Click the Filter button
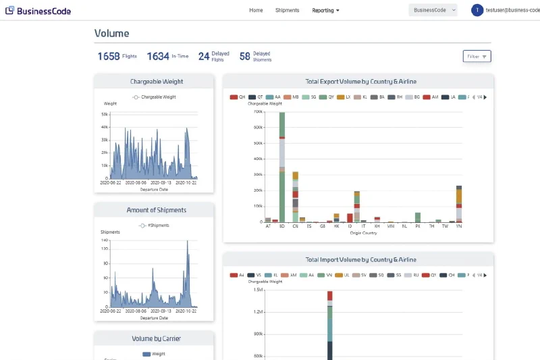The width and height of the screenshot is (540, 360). [x=477, y=56]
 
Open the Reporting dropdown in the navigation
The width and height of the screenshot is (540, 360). [x=325, y=10]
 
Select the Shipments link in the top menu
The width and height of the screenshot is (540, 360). [x=287, y=10]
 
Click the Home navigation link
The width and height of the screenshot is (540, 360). [x=256, y=10]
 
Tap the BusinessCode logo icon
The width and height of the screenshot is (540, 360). [x=9, y=10]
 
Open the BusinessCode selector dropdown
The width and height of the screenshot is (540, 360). [x=433, y=10]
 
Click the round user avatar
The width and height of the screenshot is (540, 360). [x=477, y=10]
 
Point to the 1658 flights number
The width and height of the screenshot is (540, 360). [x=108, y=57]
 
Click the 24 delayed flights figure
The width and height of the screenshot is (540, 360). [x=203, y=57]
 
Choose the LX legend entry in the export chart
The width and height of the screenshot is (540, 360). [x=344, y=97]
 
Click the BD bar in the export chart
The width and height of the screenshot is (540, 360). [x=281, y=169]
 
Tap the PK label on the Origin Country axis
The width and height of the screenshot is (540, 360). [x=418, y=227]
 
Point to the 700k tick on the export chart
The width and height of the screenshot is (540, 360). [x=258, y=111]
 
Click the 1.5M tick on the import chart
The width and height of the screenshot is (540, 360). [x=258, y=290]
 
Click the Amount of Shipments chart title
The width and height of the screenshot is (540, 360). [x=157, y=210]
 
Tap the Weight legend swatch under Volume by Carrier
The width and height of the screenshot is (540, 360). [x=146, y=353]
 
